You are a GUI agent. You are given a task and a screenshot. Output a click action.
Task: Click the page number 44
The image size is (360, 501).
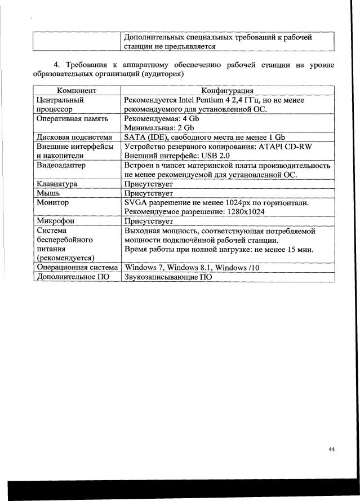pos(331,449)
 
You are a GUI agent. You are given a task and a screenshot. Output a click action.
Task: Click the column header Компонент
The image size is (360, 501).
pos(77,90)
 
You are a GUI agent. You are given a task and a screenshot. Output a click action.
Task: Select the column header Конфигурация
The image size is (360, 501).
pos(228,90)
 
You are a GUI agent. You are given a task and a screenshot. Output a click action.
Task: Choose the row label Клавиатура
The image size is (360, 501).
pos(57,184)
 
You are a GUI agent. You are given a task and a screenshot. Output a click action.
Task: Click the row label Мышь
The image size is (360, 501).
pos(48,193)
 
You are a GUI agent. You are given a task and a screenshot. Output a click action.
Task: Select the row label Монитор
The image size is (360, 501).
pos(52,202)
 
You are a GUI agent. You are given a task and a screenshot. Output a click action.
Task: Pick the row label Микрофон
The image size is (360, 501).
pos(55,221)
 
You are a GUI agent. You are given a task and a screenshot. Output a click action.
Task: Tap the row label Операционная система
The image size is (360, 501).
pos(77,267)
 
